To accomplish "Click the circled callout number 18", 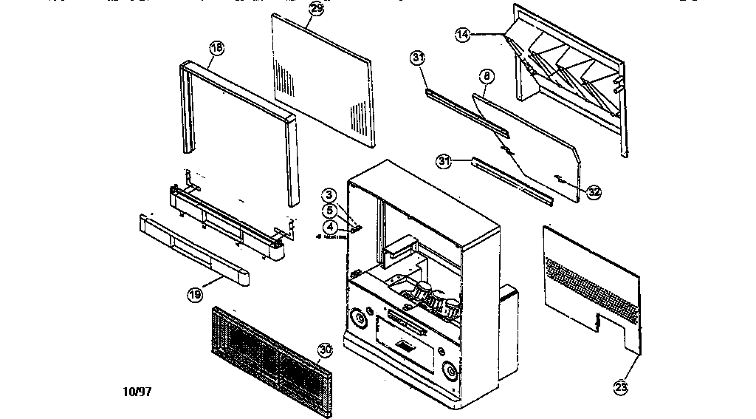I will pyautogui.click(x=216, y=48).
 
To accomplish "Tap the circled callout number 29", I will pyautogui.click(x=316, y=9).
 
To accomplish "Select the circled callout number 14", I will pyautogui.click(x=463, y=34).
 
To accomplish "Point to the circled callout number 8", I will pyautogui.click(x=486, y=75).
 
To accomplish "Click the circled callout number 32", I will pyautogui.click(x=594, y=191).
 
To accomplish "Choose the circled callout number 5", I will pyautogui.click(x=330, y=210).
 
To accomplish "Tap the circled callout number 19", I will pyautogui.click(x=194, y=295).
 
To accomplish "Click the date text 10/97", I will pyautogui.click(x=138, y=392).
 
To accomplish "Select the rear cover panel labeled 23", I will pyautogui.click(x=591, y=281).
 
